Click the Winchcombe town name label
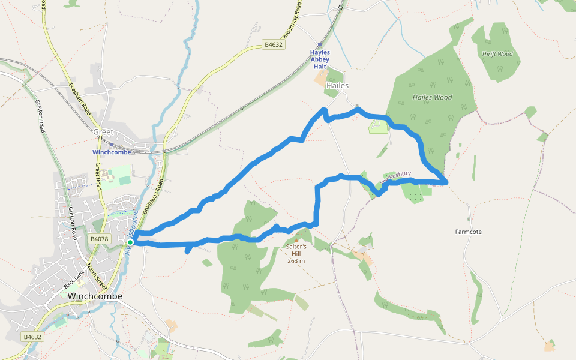point(95,296)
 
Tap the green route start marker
point(130,242)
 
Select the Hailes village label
point(337,86)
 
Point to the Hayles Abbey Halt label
point(320,59)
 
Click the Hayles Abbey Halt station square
point(320,44)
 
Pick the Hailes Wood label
point(432,97)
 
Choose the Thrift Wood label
point(497,54)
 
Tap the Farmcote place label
point(469,232)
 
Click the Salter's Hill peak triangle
point(296,241)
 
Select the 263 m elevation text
point(296,260)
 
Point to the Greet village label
point(103,132)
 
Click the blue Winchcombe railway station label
point(112,152)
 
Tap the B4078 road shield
point(99,239)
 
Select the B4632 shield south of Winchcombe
point(32,337)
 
